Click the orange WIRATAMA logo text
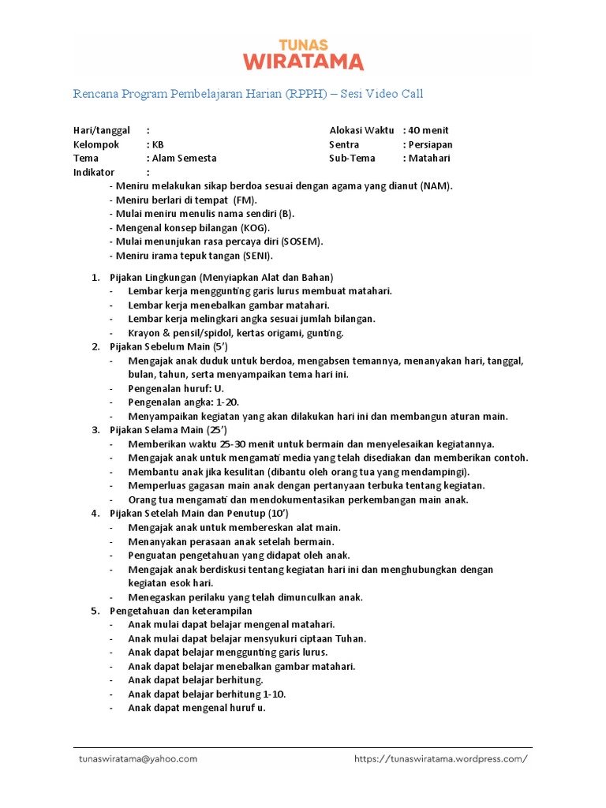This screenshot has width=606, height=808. tap(303, 62)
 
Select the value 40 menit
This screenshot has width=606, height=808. tap(428, 130)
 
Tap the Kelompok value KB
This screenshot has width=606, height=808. tap(159, 144)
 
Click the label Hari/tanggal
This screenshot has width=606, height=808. tap(101, 130)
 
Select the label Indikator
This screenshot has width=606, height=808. tap(94, 172)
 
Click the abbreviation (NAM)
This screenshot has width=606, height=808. tap(436, 185)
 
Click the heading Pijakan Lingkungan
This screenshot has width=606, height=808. tap(153, 277)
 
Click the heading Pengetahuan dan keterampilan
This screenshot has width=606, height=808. tap(181, 611)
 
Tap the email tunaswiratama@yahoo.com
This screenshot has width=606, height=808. tap(138, 758)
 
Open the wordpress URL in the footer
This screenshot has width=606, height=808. tap(440, 758)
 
